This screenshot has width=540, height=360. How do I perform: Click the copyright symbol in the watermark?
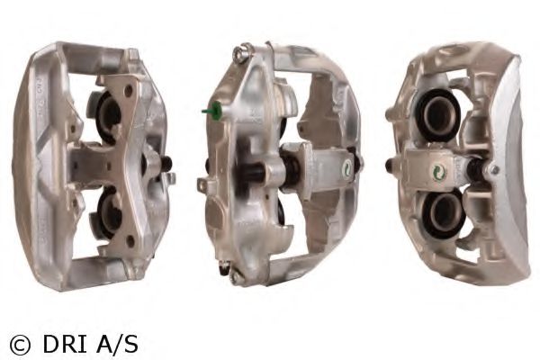[20, 344]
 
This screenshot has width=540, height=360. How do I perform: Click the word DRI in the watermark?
[65, 344]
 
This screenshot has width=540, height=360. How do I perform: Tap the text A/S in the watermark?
[117, 344]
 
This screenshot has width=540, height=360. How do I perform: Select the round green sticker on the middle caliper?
[346, 168]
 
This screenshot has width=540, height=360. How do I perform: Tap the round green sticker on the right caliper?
[439, 171]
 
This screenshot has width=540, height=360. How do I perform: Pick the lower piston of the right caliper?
[445, 213]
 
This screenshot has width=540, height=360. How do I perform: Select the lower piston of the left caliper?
[110, 213]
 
